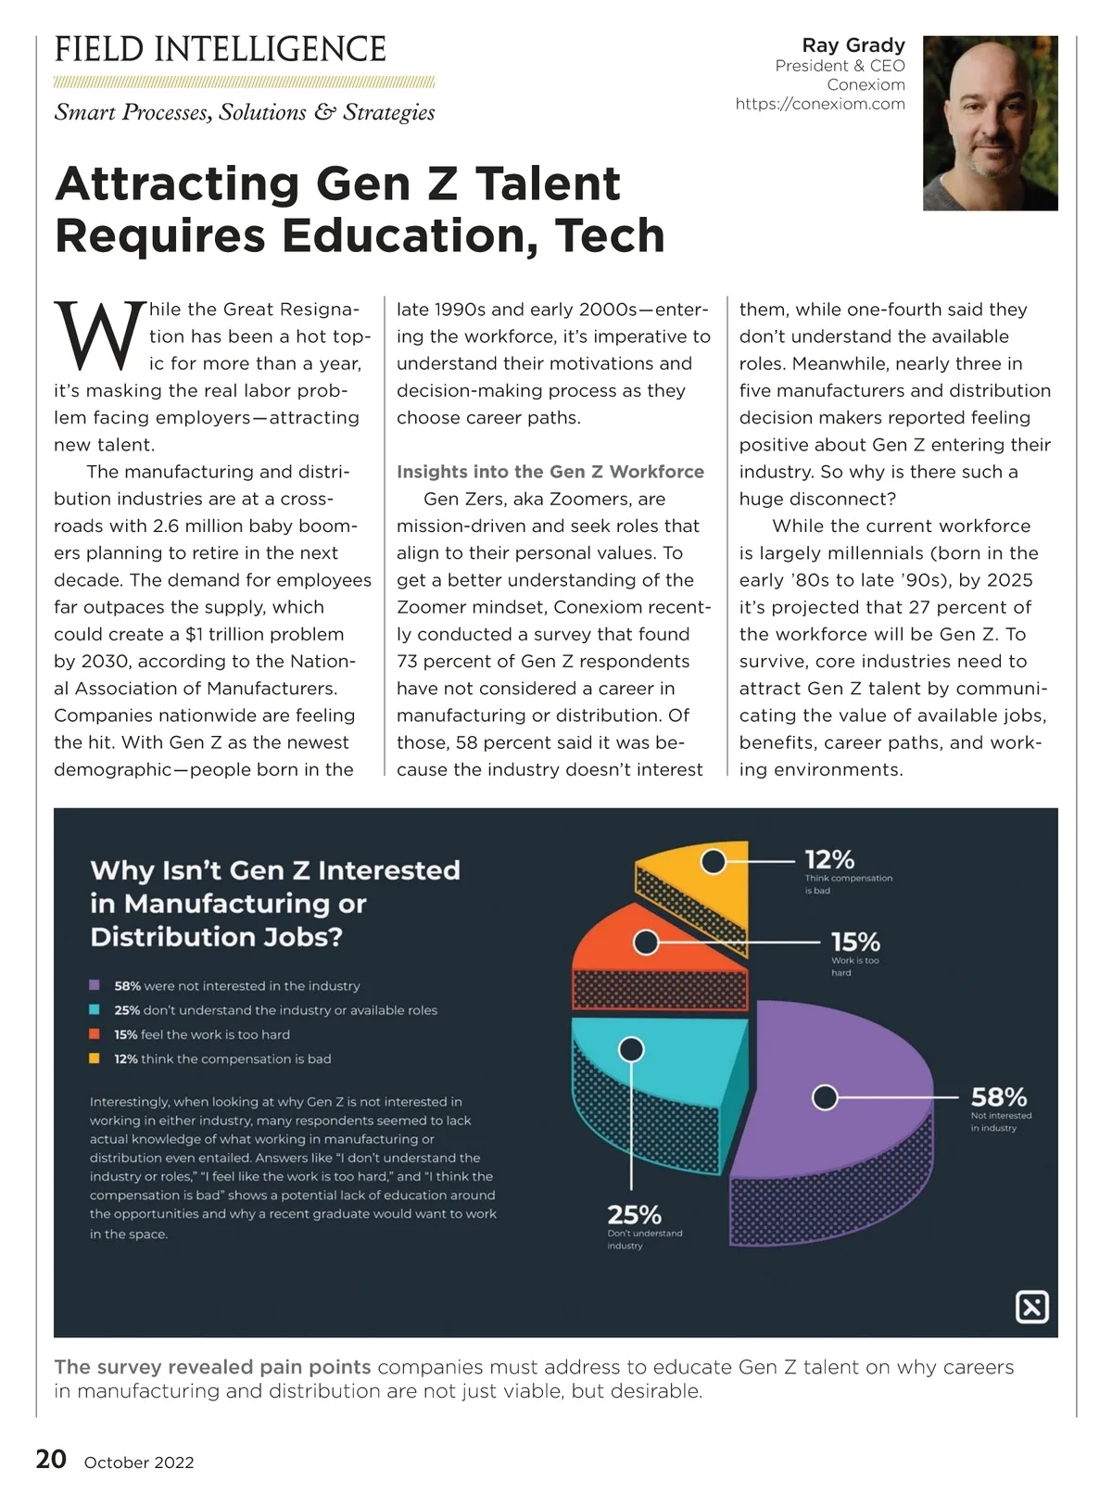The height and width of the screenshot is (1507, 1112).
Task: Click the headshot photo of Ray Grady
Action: (x=990, y=123)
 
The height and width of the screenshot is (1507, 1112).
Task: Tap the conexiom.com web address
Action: (x=820, y=104)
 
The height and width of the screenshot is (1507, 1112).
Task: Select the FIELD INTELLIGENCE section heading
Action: (x=221, y=49)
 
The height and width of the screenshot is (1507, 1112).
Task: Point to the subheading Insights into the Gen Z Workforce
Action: (x=550, y=472)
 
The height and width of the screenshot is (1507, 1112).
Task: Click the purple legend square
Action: (x=95, y=985)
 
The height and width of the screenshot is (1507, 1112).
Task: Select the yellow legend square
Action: (x=95, y=1058)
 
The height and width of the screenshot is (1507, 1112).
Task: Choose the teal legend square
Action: (x=95, y=1009)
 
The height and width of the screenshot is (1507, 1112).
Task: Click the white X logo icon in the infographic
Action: (x=1032, y=1307)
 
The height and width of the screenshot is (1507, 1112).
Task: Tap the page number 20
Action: (x=51, y=1460)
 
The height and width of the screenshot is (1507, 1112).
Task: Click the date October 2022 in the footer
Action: (x=139, y=1463)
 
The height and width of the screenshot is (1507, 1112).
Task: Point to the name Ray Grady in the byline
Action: (x=853, y=45)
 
